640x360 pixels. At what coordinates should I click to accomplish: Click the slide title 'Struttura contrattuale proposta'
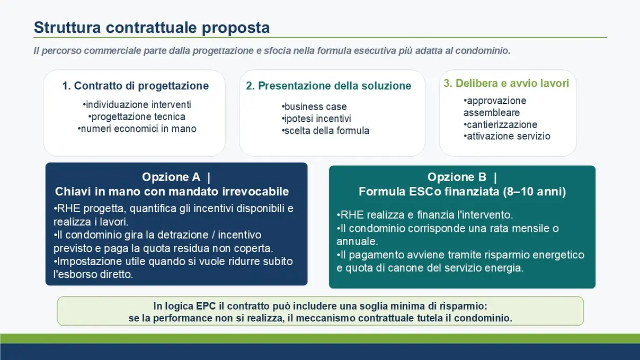pyautogui.click(x=152, y=28)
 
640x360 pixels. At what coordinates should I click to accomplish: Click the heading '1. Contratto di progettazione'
pyautogui.click(x=136, y=86)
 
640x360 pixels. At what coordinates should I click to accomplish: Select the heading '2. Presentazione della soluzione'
pyautogui.click(x=328, y=86)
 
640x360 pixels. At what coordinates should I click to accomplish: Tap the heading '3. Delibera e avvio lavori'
pyautogui.click(x=506, y=83)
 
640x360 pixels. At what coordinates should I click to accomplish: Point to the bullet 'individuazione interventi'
pyautogui.click(x=137, y=104)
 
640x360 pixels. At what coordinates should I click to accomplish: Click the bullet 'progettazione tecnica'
pyautogui.click(x=137, y=116)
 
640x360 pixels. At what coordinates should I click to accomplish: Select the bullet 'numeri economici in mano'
pyautogui.click(x=137, y=129)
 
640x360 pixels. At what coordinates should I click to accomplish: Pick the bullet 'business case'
pyautogui.click(x=314, y=106)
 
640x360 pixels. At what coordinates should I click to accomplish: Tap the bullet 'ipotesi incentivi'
pyautogui.click(x=316, y=119)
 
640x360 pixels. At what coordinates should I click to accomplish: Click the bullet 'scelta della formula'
pyautogui.click(x=325, y=131)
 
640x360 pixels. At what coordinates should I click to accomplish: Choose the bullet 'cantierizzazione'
pyautogui.click(x=500, y=125)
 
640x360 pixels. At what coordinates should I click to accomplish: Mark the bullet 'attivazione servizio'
pyautogui.click(x=507, y=136)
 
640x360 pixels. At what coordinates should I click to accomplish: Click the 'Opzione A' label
pyautogui.click(x=171, y=177)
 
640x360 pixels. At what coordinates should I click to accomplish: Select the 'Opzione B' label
pyautogui.click(x=457, y=177)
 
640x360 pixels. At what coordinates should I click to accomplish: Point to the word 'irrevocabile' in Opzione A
pyautogui.click(x=255, y=192)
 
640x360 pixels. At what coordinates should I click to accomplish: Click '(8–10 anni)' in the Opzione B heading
pyautogui.click(x=534, y=192)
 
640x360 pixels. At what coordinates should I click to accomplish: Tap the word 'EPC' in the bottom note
pyautogui.click(x=206, y=306)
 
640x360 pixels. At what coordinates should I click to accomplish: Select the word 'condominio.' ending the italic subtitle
pyautogui.click(x=483, y=51)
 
